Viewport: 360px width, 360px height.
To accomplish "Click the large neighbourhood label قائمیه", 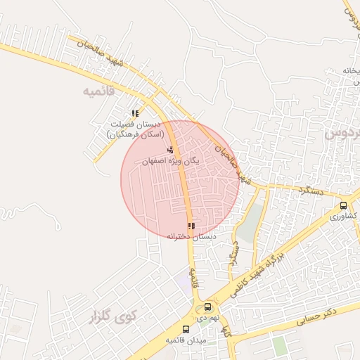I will pos(98,91).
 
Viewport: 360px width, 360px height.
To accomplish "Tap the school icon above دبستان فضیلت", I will pos(135,113).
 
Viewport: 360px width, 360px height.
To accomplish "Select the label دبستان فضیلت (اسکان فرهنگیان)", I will pos(135,129).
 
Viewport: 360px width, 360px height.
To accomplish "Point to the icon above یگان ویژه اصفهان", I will pos(170,150).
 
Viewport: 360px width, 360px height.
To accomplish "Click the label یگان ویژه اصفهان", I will pos(171,161).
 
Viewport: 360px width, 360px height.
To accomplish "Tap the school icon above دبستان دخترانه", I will pos(191,226).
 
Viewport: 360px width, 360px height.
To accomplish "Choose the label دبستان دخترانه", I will pos(191,237).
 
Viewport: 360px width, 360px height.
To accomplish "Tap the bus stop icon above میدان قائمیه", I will pos(186,329).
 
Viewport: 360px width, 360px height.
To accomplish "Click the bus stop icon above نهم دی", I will pos(207,307).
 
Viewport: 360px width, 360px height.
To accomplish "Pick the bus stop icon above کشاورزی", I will pos(343,205).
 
